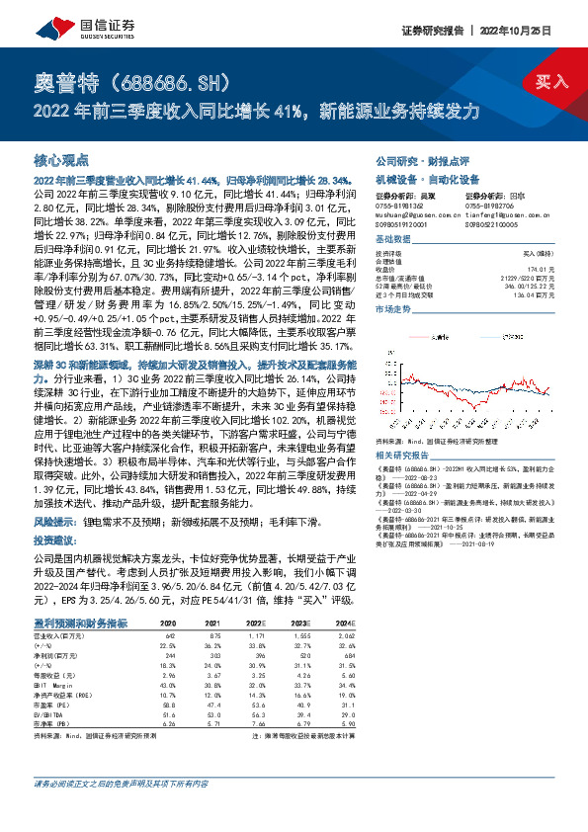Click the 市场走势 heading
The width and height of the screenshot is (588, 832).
(393, 309)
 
